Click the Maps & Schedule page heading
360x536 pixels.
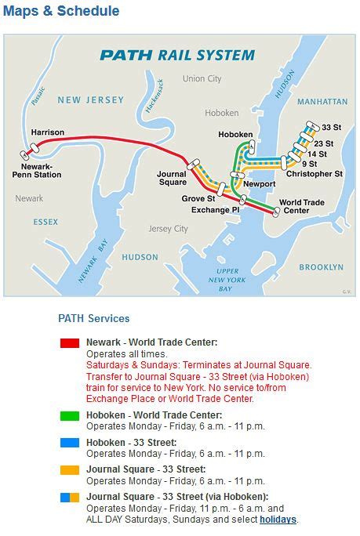click(x=61, y=11)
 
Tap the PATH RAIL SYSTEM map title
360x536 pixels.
click(x=176, y=55)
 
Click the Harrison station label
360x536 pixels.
click(x=47, y=132)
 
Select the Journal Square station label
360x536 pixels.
click(x=172, y=178)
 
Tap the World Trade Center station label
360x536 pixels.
click(x=302, y=207)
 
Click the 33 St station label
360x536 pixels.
click(x=330, y=127)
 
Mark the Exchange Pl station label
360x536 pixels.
click(x=216, y=210)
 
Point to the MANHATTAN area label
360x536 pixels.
click(x=322, y=102)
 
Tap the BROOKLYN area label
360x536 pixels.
click(x=321, y=267)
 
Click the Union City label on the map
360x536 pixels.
click(x=202, y=78)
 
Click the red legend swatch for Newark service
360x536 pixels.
click(x=70, y=342)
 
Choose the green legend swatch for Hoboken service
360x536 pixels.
click(x=70, y=415)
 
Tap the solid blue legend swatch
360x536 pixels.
click(x=70, y=442)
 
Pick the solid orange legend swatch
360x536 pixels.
click(x=70, y=469)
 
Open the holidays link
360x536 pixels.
click(x=278, y=519)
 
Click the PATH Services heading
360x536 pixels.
click(x=94, y=318)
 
